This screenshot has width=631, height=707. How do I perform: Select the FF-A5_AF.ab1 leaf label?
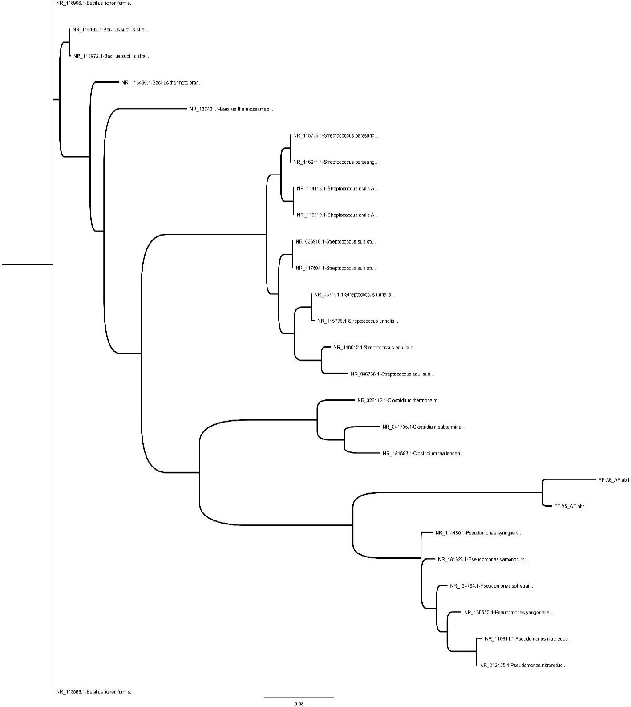[x=569, y=506]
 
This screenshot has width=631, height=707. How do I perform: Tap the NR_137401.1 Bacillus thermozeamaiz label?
[x=231, y=109]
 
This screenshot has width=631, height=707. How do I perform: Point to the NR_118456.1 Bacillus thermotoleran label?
[x=162, y=82]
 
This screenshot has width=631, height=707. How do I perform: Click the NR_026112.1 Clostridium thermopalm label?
[x=399, y=400]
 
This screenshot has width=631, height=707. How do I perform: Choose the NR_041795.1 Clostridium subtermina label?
[x=424, y=427]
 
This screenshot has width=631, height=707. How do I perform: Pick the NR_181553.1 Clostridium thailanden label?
[x=423, y=453]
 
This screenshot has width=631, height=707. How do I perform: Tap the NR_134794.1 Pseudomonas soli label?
[x=491, y=586]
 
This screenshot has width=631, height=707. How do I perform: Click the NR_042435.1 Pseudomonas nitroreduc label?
[x=523, y=666]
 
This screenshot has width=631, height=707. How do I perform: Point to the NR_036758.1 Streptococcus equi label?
[x=392, y=374]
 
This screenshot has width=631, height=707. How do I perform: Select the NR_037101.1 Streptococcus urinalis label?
[x=354, y=295]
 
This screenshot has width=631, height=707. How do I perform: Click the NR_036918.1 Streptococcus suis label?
[x=336, y=242]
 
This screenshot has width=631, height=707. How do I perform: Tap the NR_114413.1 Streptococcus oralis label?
[x=337, y=189]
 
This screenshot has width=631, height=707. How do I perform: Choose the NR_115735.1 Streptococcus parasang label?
[x=336, y=136]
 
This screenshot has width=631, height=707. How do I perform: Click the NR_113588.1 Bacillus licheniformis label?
[x=95, y=692]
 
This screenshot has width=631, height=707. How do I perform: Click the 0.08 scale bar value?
[x=299, y=704]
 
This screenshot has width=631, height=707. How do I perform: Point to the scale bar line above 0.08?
[x=299, y=697]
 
